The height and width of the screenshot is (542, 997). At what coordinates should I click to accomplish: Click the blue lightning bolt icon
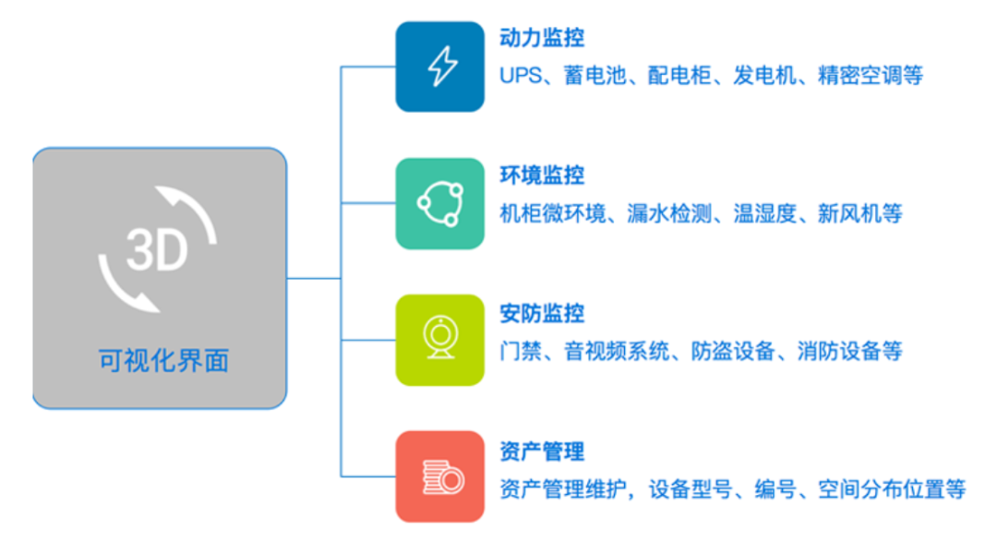coord(440,66)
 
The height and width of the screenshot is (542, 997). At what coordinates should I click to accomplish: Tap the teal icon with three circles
coord(440,203)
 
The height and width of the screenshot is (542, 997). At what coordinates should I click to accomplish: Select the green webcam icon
coord(440,340)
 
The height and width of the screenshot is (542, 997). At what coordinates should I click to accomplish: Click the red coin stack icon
coord(440,476)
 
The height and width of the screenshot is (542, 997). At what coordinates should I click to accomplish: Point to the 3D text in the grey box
coord(157,250)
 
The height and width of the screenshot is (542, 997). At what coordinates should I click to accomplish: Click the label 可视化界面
coord(163,361)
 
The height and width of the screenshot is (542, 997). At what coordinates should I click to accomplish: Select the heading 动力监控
coord(542,38)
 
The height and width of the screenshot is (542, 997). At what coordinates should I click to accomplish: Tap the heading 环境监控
coord(542,175)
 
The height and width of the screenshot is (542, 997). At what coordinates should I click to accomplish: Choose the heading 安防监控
coord(542,313)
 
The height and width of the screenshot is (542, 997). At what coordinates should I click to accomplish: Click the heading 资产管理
coord(542,451)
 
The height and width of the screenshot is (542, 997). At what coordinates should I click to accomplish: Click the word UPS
coord(521,76)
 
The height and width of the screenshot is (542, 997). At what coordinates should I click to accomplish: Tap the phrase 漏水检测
coord(669,213)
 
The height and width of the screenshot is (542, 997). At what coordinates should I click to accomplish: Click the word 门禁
coord(521,351)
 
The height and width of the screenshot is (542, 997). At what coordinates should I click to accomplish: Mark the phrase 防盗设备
coord(733,351)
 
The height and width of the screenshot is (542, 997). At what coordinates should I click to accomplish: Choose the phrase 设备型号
coord(691,488)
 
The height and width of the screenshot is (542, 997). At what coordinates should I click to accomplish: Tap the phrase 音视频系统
coord(617,351)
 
